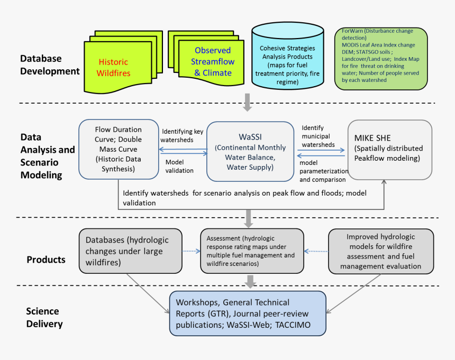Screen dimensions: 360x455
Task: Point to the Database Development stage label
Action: (50, 64)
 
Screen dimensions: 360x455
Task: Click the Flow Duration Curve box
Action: (119, 149)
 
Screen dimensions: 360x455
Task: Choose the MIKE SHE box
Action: (390, 150)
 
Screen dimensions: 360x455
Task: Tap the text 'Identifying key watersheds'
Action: (182, 135)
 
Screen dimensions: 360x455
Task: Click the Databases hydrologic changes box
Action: (130, 251)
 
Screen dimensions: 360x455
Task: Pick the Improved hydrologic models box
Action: (381, 251)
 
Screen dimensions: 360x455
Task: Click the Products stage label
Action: (46, 260)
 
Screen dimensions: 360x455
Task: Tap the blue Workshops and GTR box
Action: (248, 313)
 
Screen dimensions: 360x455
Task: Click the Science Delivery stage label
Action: (44, 317)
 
